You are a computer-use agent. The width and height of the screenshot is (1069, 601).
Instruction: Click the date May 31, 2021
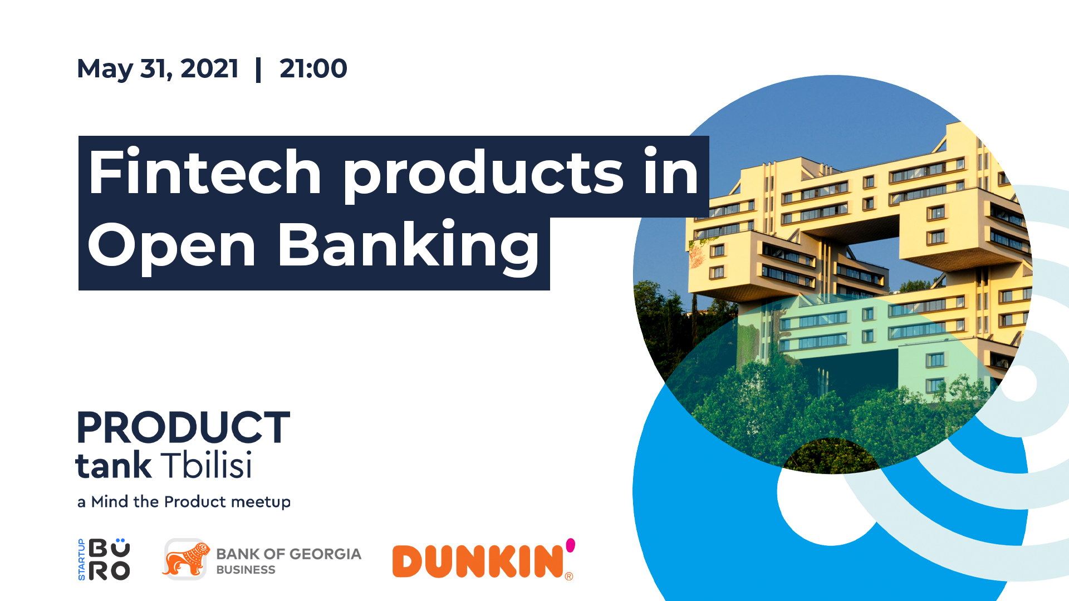point(158,69)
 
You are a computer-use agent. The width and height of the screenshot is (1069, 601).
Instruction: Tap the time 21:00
point(313,68)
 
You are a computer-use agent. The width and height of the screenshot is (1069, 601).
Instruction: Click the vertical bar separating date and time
point(258,70)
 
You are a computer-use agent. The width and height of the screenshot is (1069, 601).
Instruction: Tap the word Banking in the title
point(409,246)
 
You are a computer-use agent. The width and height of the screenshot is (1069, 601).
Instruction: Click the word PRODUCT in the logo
point(184,427)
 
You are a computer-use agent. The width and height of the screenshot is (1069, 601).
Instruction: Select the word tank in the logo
point(114,465)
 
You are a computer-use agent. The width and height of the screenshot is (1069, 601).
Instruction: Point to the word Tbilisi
point(207,465)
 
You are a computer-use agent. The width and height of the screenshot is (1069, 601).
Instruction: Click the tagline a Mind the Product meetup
point(184,502)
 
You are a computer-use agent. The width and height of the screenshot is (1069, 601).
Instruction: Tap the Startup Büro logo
point(104,559)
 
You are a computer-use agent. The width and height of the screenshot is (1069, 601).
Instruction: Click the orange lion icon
point(186,559)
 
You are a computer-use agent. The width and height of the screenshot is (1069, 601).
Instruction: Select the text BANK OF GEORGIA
point(288,554)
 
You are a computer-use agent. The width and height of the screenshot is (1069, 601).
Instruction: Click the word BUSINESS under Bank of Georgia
point(246,570)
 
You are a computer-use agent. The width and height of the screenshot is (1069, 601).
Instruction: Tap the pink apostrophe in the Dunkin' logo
point(570,545)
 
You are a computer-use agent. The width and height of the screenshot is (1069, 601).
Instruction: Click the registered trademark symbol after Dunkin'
point(569,577)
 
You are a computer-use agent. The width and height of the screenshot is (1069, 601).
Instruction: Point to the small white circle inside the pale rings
point(1019,383)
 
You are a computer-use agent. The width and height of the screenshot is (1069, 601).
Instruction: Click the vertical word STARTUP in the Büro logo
point(82,560)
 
